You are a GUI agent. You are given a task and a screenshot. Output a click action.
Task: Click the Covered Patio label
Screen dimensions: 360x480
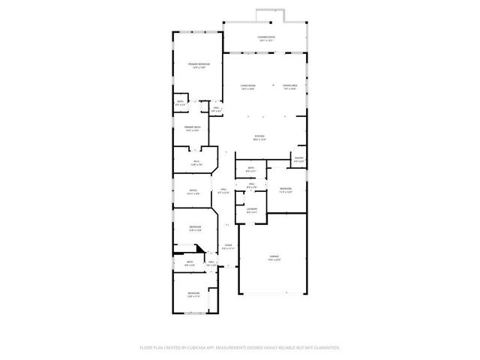click(x=265, y=37)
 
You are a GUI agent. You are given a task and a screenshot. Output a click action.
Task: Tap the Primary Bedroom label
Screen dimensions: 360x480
click(x=199, y=65)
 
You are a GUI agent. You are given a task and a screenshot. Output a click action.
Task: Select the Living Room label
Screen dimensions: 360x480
click(x=248, y=87)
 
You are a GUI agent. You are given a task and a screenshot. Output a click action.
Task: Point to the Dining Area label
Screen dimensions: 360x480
click(x=290, y=87)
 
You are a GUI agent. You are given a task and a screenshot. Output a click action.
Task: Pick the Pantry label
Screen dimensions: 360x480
click(x=298, y=159)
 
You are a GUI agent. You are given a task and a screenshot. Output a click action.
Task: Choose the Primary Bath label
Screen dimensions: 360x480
click(x=193, y=128)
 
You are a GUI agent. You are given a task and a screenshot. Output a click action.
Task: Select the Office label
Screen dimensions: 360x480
click(x=193, y=192)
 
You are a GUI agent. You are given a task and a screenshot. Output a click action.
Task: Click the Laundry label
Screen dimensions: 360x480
click(x=252, y=210)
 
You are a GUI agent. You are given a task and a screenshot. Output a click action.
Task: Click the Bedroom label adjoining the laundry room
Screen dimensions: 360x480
click(x=285, y=190)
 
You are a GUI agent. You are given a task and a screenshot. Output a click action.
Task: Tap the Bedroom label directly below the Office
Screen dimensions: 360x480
click(x=195, y=228)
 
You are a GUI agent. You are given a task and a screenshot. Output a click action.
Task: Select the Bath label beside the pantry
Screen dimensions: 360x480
click(x=250, y=169)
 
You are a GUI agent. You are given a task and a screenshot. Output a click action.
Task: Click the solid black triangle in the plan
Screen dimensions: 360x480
click(x=199, y=250)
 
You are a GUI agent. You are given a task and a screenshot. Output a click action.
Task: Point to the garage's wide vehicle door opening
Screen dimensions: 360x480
click(x=272, y=293)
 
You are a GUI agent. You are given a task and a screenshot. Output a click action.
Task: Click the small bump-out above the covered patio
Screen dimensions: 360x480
click(x=266, y=15)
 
